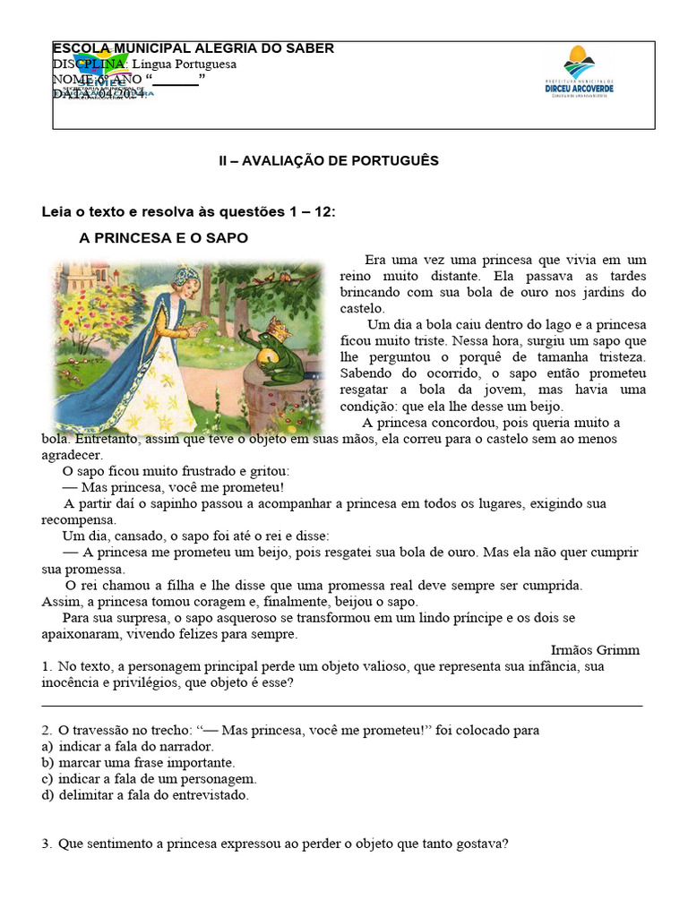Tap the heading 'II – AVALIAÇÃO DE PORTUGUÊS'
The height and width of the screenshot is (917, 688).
329,161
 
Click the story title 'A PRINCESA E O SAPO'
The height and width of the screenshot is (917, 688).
164,238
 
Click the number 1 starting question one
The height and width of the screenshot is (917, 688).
46,666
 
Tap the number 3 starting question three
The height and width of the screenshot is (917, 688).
46,843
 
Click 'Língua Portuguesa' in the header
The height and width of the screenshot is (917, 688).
185,64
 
